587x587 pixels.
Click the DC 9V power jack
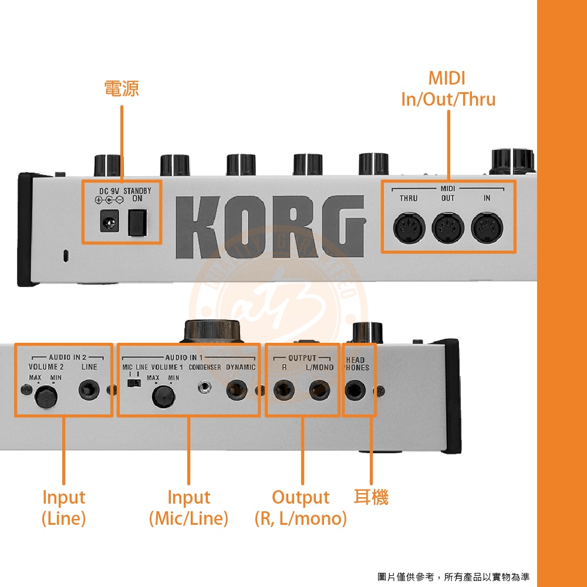pos(109,220)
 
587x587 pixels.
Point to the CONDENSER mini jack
pos(204,388)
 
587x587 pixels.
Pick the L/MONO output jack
pos(319,390)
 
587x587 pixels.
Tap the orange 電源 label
pos(122,89)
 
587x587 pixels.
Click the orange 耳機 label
pos(371,497)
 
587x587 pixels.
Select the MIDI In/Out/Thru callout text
pos(448,89)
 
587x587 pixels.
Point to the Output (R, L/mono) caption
pos(301,508)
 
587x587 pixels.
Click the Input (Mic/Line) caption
pos(188,508)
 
